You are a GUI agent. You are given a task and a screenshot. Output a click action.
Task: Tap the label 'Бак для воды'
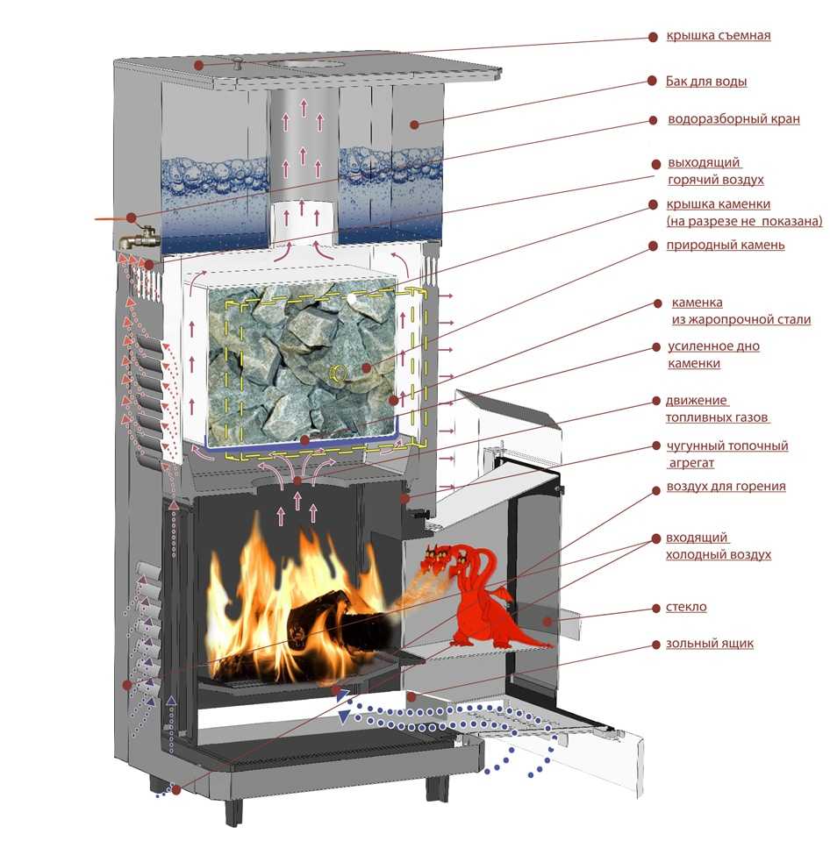707,82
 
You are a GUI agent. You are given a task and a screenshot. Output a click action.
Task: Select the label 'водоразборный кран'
733,119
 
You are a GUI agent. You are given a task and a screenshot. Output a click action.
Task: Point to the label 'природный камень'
726,246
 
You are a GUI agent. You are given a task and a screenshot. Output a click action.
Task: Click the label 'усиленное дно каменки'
713,354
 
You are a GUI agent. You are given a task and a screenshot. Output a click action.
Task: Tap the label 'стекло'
686,607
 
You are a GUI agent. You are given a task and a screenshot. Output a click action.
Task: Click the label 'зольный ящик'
710,645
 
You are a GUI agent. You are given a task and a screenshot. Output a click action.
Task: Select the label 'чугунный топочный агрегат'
726,454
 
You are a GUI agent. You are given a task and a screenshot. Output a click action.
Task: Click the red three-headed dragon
478,596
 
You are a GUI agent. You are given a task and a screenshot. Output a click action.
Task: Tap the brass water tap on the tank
141,236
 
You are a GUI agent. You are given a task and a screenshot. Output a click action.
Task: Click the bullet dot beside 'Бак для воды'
652,81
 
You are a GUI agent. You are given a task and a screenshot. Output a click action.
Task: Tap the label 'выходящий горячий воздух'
715,171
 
